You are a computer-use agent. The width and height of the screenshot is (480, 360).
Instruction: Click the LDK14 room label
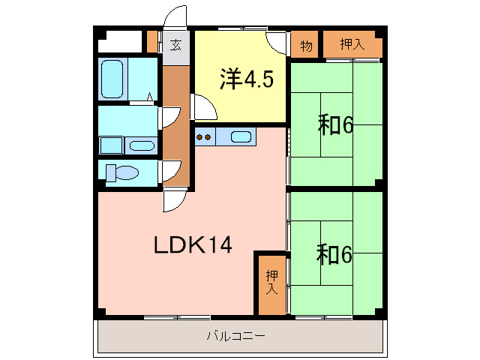tap(193, 245)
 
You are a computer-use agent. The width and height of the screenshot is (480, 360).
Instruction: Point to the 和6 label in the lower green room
tap(334, 255)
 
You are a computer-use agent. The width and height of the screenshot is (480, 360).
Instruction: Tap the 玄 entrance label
tap(175, 44)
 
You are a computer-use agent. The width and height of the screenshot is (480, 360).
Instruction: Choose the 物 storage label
tap(306, 44)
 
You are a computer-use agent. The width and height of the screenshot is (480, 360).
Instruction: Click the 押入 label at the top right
tap(352, 44)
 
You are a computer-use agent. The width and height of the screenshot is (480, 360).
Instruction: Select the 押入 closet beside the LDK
tap(271, 283)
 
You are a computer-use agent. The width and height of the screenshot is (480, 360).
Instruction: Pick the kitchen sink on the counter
tap(241, 136)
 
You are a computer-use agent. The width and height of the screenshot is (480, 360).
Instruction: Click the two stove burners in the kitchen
tap(204, 137)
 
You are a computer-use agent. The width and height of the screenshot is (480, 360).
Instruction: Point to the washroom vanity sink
tap(139, 145)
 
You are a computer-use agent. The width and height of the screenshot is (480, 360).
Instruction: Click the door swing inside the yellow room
tap(205, 108)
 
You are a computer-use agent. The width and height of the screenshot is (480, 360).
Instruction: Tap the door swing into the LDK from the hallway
tap(175, 200)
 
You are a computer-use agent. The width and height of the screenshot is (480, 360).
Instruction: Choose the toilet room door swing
tap(170, 172)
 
